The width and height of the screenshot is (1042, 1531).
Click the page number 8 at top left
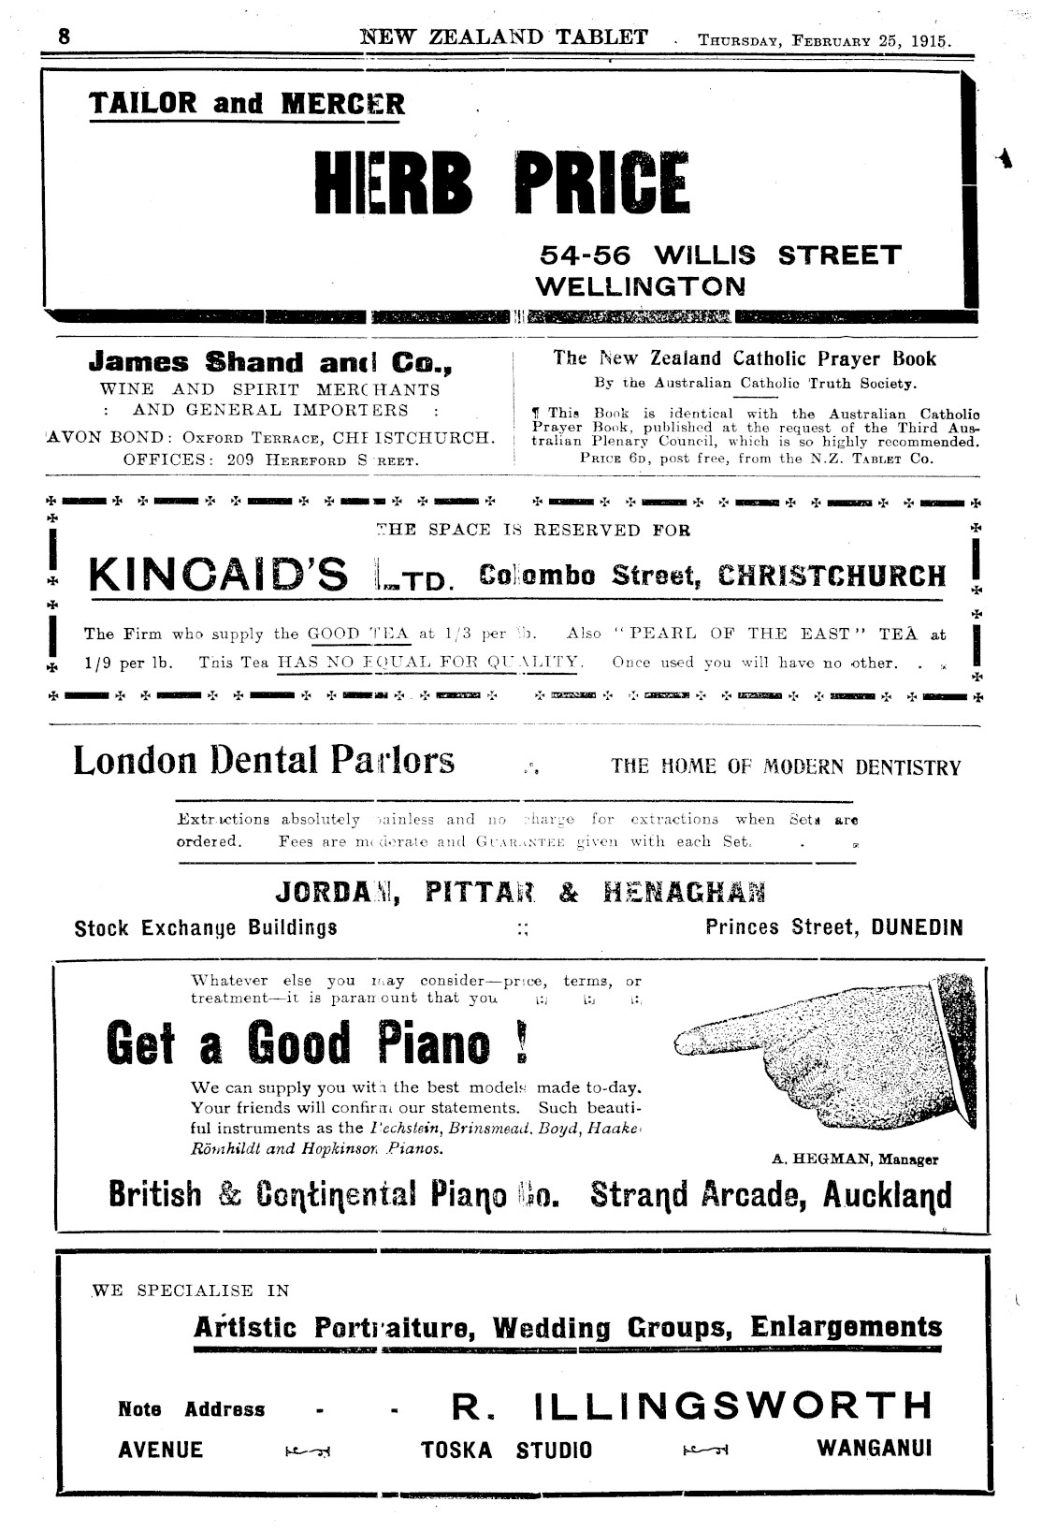click(64, 37)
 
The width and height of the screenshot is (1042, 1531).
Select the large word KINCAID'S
click(218, 576)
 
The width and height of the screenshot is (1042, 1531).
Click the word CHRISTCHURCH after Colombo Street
click(832, 575)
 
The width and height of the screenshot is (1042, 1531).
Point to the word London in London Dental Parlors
click(134, 760)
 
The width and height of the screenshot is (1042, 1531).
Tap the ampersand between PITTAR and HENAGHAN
click(568, 893)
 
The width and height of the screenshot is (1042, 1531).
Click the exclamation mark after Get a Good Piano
click(521, 1044)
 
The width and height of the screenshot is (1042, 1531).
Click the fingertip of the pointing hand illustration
click(680, 1039)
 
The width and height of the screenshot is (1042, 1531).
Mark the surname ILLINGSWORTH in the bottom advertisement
click(733, 1406)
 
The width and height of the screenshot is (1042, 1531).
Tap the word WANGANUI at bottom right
click(875, 1449)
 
